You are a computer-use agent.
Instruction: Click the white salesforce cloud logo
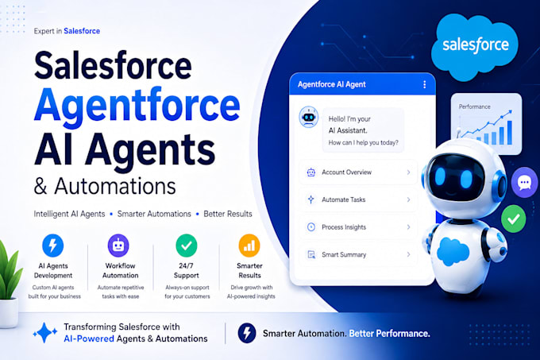(475, 47)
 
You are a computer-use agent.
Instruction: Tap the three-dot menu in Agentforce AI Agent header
(424, 84)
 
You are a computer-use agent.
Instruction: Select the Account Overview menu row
(358, 172)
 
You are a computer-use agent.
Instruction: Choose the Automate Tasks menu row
(358, 199)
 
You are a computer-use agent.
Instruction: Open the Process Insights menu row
(358, 227)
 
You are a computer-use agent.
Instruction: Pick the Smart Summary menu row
(358, 254)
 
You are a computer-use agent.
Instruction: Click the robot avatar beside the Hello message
(309, 117)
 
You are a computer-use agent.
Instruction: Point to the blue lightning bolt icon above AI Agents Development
(52, 246)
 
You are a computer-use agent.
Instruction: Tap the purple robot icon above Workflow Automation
(118, 246)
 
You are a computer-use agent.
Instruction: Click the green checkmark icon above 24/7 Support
(187, 246)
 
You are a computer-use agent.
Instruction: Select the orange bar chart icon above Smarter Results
(249, 246)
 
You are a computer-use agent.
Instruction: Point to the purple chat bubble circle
(524, 182)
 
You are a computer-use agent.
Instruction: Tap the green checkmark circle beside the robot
(513, 219)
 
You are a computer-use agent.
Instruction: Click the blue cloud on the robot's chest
(453, 251)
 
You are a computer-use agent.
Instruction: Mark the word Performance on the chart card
(475, 106)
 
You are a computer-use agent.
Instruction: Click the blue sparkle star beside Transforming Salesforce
(44, 332)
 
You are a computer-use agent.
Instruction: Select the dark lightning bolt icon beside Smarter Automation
(247, 333)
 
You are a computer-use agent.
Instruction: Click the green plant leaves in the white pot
(9, 270)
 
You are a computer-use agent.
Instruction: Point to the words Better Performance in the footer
(389, 334)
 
